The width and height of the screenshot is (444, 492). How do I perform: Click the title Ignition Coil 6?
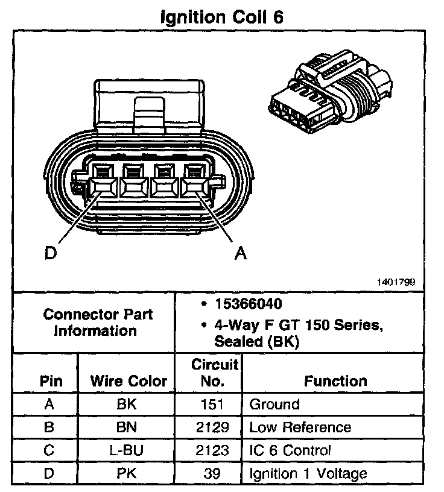coord(221,17)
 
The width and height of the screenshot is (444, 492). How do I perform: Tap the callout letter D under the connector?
coord(51,253)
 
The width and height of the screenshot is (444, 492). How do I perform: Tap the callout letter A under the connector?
coord(241,254)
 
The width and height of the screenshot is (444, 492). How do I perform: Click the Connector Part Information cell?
coord(98,323)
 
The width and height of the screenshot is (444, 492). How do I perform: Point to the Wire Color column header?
coord(128,381)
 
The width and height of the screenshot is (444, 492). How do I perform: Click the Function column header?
coord(335,381)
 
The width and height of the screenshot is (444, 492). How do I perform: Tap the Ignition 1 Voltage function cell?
coord(308,473)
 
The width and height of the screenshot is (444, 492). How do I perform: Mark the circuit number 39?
coord(212,473)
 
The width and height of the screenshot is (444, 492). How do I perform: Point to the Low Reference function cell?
coord(300,427)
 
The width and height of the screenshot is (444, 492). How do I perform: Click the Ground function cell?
coord(274,404)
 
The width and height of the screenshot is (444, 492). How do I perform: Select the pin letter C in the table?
coord(49,450)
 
